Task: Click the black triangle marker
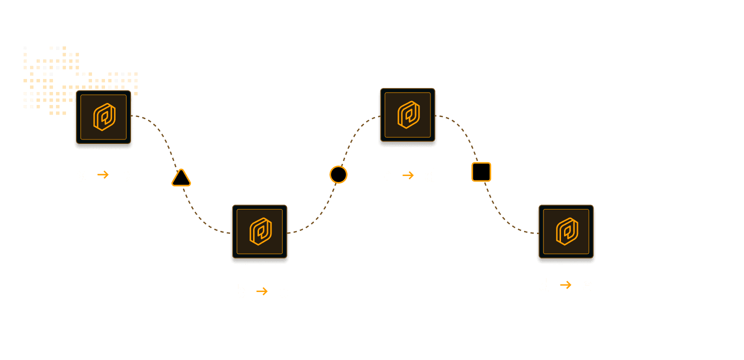tap(181, 178)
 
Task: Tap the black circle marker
tap(338, 174)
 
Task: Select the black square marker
tap(481, 172)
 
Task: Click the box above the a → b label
tap(103, 118)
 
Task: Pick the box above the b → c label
tap(259, 233)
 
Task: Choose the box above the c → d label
tap(407, 116)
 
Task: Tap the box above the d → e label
tap(566, 233)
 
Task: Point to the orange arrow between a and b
tap(103, 175)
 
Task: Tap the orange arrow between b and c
tap(262, 291)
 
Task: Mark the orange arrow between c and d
tap(408, 175)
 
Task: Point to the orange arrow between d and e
tap(565, 285)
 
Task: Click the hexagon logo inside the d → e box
tap(566, 231)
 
